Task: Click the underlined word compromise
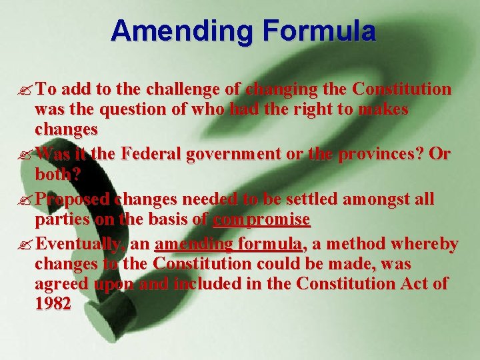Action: coord(262,219)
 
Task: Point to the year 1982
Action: coord(53,303)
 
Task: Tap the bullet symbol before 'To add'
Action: coord(26,89)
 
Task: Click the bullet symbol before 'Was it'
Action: coord(26,154)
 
